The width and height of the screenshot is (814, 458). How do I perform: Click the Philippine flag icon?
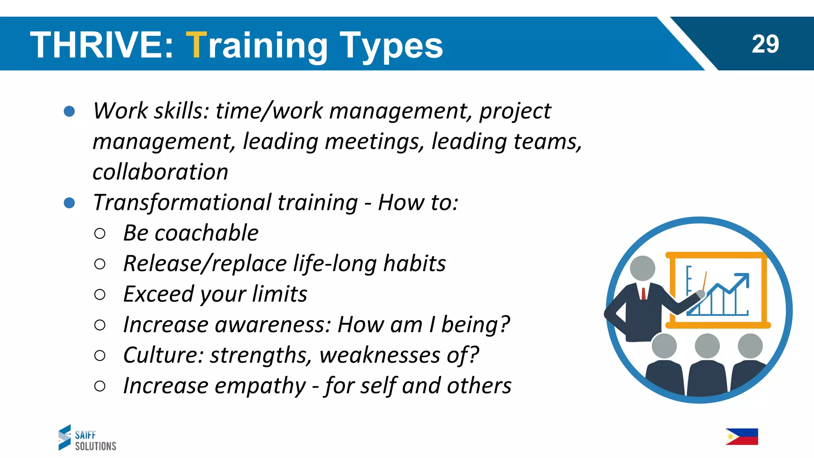tap(742, 437)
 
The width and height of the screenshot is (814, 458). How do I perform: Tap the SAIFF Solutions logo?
tap(87, 438)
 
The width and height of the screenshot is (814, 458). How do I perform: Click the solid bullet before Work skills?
tap(70, 111)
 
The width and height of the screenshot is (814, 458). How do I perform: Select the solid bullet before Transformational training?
tap(70, 203)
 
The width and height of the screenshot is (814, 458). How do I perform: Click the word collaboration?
tap(160, 172)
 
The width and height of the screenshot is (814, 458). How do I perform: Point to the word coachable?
tap(206, 233)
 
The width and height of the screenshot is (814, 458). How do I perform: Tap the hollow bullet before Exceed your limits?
tap(100, 295)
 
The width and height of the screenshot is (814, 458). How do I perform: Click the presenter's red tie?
tap(643, 293)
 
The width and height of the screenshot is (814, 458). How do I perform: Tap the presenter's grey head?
tap(643, 268)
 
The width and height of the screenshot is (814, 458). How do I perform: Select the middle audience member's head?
tap(707, 345)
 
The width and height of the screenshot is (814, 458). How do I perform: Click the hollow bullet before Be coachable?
tap(100, 233)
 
